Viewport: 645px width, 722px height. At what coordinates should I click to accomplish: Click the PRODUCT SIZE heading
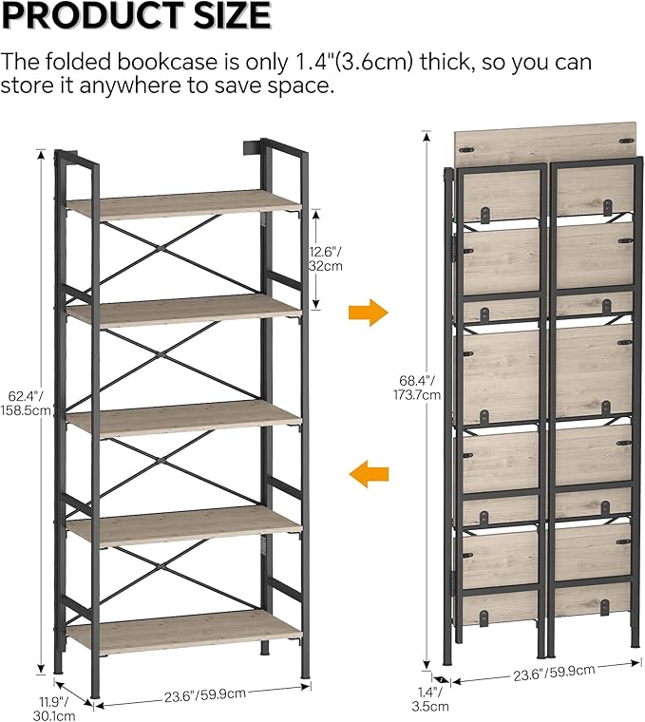[136, 16]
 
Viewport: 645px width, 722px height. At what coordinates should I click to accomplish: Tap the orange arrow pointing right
[369, 312]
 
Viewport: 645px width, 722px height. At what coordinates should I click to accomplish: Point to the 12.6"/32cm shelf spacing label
[326, 258]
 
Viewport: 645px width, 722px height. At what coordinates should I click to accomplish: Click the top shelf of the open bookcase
[183, 203]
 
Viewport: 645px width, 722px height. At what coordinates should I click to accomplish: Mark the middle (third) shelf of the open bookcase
[183, 414]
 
